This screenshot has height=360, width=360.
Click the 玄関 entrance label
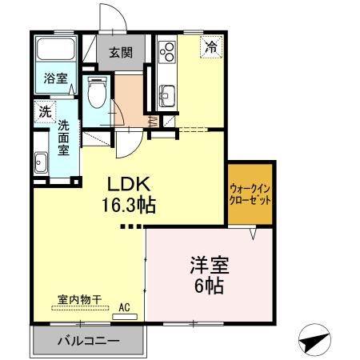(122, 54)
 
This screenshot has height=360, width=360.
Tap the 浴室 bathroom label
(54, 80)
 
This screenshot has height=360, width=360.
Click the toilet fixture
(98, 93)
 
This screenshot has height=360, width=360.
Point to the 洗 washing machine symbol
(43, 112)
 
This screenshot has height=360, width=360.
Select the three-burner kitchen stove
(168, 53)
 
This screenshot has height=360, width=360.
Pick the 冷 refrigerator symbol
(211, 47)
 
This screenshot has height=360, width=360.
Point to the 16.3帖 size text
(126, 205)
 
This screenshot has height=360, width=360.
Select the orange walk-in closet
(250, 194)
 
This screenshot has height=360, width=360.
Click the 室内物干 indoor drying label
(79, 300)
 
